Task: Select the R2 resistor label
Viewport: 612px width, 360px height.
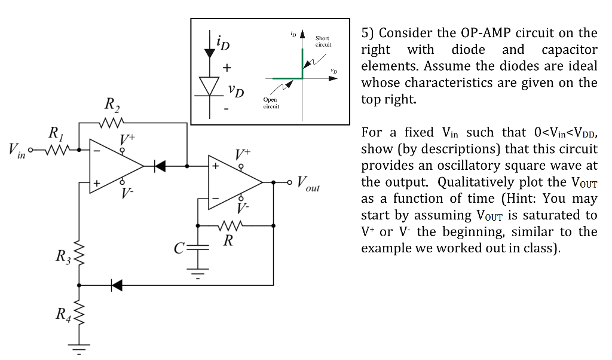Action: pyautogui.click(x=112, y=107)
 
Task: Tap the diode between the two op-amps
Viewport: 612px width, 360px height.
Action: pyautogui.click(x=160, y=166)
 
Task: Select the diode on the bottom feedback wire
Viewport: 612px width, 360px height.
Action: pyautogui.click(x=117, y=285)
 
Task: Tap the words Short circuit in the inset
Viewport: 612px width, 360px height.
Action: pyautogui.click(x=323, y=41)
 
